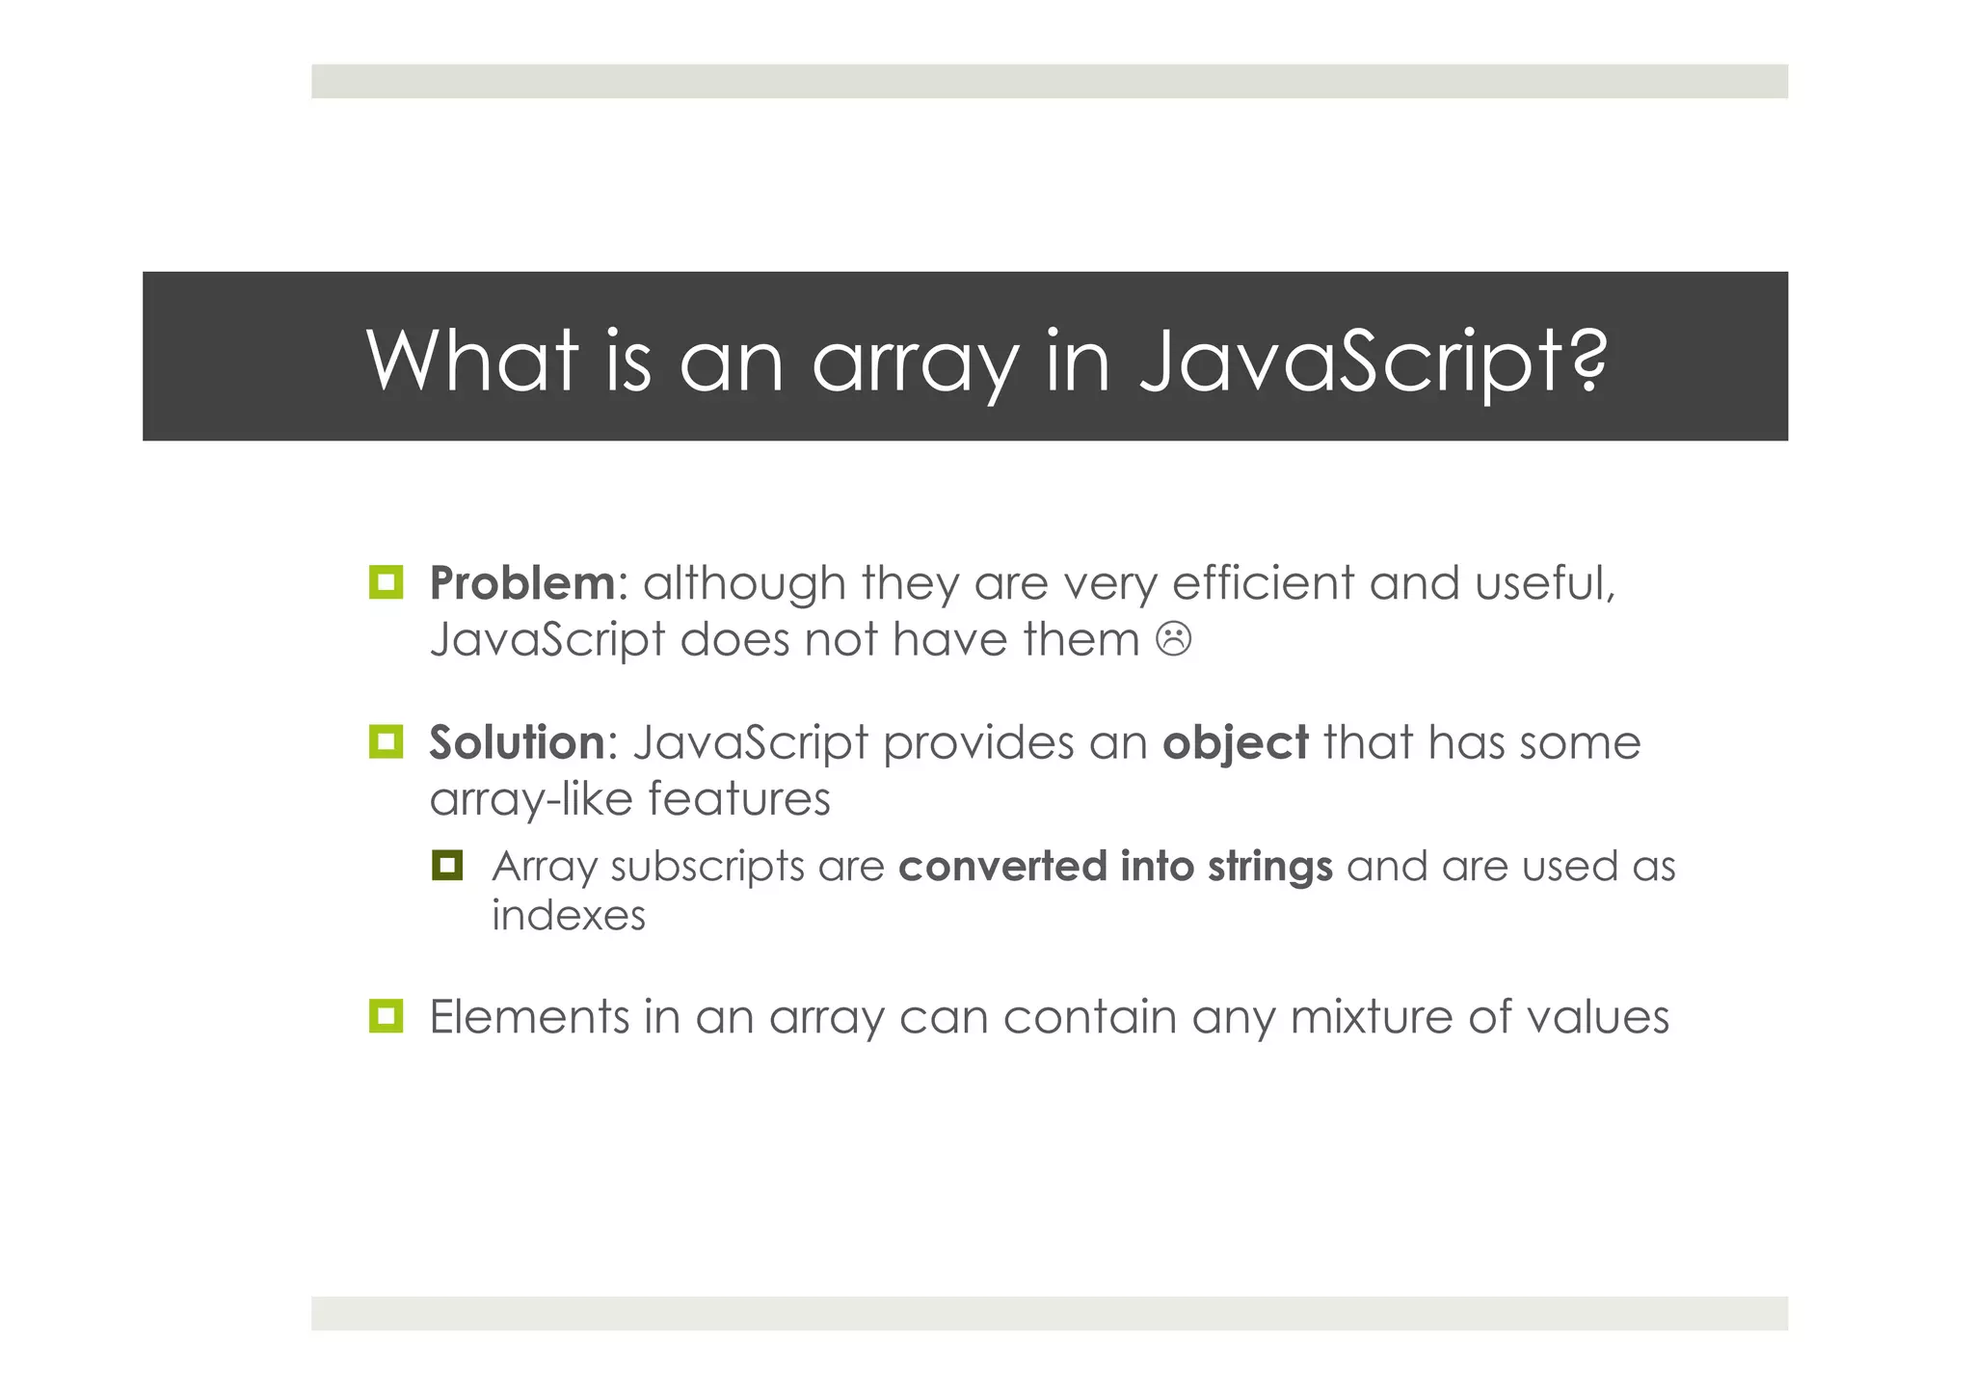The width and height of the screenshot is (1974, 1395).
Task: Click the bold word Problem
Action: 521,583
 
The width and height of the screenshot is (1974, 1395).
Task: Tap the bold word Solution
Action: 517,742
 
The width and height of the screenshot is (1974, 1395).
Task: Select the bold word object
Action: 1235,742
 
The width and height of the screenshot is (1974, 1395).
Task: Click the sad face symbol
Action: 1173,639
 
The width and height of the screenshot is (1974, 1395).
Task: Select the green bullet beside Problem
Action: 387,582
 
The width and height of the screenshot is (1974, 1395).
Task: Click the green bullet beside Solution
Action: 387,741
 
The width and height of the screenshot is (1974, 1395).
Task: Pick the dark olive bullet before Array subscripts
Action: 447,865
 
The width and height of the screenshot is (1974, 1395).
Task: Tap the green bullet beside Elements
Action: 387,1016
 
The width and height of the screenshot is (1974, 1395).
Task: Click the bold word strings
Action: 1269,867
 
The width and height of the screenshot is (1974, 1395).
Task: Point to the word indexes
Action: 568,915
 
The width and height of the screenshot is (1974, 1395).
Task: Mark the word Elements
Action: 528,1017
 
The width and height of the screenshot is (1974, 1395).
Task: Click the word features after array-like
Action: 738,799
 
